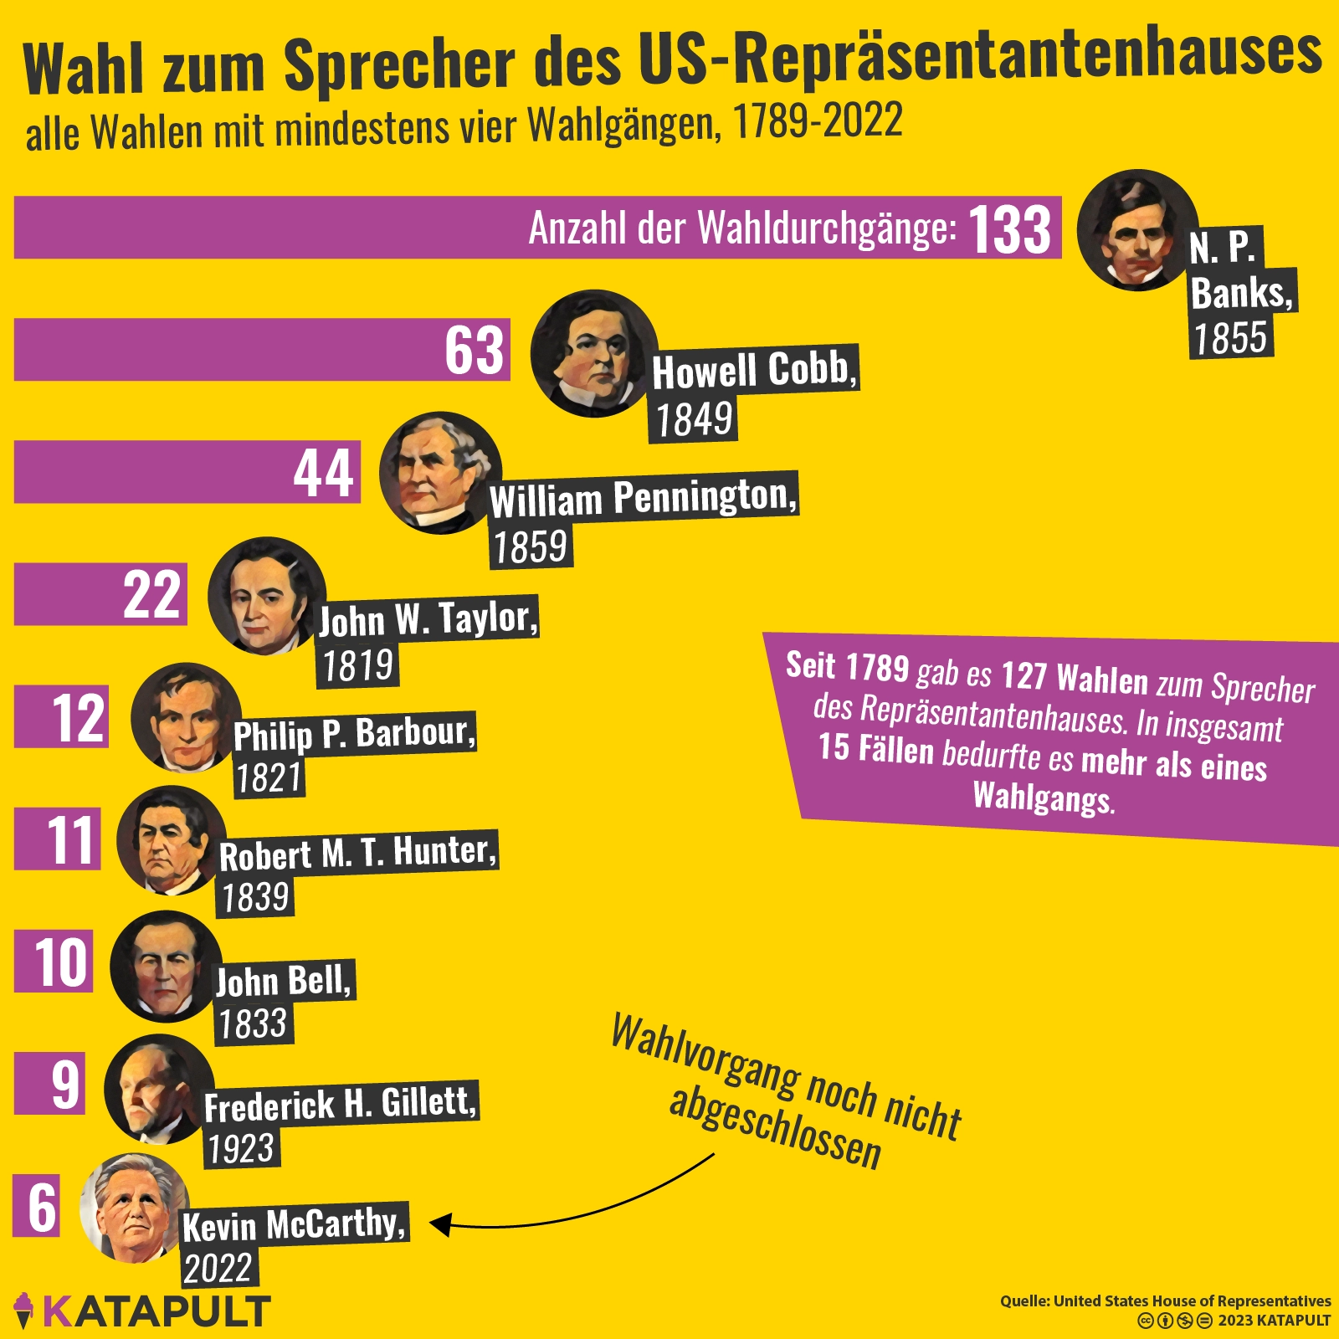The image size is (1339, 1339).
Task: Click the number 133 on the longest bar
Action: (x=1009, y=229)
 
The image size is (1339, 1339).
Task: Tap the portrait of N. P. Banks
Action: (x=1137, y=230)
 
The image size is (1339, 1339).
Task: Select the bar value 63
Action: (x=474, y=350)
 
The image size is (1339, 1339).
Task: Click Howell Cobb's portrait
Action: (x=593, y=353)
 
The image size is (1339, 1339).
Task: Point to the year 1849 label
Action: (x=693, y=419)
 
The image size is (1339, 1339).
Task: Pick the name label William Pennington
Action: (x=643, y=498)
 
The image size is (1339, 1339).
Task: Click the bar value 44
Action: (x=323, y=473)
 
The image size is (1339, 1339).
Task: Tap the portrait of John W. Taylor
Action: (x=267, y=595)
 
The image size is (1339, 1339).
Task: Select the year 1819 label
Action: (x=357, y=666)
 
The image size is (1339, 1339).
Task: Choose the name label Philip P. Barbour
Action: (x=354, y=734)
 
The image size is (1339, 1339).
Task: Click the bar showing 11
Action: (x=57, y=839)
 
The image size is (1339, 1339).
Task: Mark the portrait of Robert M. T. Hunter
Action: (x=172, y=840)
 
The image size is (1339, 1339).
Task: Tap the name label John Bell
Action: (x=284, y=981)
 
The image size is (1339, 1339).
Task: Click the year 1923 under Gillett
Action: (x=241, y=1148)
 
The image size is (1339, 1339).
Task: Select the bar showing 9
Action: (x=49, y=1084)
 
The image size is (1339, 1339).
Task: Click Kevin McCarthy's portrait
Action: (x=134, y=1208)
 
